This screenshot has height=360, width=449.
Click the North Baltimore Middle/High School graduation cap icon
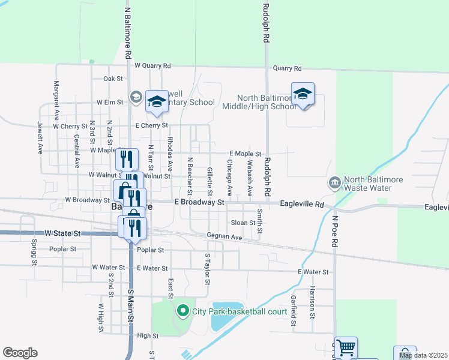point(303,94)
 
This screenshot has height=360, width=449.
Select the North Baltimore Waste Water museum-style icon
point(334,181)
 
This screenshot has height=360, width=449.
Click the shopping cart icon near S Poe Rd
point(346,346)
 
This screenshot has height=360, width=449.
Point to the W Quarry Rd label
point(152,65)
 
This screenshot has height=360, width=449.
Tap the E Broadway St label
point(199,203)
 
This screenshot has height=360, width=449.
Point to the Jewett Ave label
point(40,137)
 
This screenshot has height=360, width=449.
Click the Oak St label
point(113,79)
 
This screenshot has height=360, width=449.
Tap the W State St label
point(62,232)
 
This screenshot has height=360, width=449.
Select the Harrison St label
point(313,298)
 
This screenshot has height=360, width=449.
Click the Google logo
point(20,353)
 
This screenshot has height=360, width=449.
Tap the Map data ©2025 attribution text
point(423,356)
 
